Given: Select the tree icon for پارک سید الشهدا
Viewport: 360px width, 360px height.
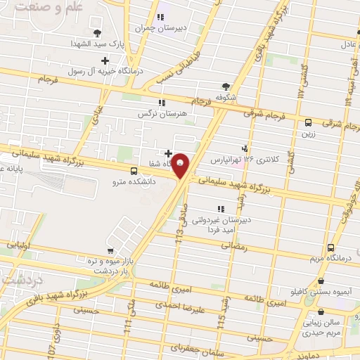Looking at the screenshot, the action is click(97, 32).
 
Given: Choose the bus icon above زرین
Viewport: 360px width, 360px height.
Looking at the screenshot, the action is click(308, 122).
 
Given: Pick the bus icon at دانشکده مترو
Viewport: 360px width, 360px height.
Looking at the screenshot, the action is click(134, 171).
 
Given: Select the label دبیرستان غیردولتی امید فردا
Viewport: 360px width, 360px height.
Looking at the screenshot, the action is click(228, 224).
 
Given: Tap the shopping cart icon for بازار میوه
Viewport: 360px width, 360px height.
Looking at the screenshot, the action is click(110, 251).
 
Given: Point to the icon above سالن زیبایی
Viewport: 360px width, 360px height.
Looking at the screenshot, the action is click(321, 312).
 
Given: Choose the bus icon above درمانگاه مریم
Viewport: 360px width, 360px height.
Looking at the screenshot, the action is click(330, 247).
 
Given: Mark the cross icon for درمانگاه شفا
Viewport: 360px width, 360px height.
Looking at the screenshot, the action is click(167, 153).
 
